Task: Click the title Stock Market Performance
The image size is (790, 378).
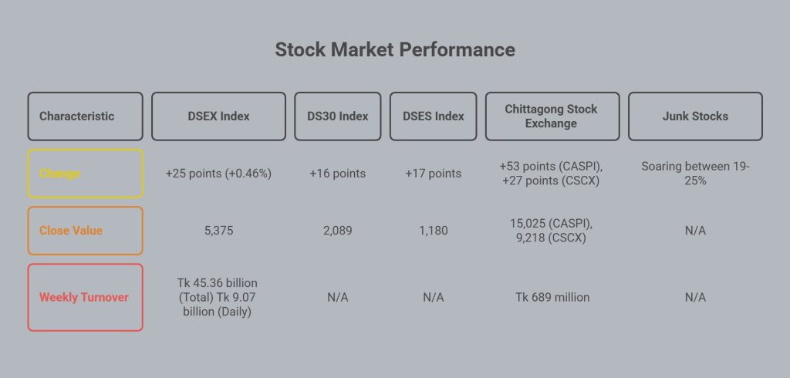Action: [x=395, y=49]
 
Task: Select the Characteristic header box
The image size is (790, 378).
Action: [x=85, y=116]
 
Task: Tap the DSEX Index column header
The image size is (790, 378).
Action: [x=218, y=116]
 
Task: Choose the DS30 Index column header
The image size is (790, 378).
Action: [x=338, y=116]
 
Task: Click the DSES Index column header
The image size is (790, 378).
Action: [x=434, y=116]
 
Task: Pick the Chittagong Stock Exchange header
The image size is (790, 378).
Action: [x=552, y=116]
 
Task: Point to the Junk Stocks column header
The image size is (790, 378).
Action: [x=695, y=116]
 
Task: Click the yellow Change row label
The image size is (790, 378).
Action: [x=85, y=174]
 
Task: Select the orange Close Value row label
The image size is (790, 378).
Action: [x=85, y=231]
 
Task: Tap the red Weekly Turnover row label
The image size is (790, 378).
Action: [x=85, y=297]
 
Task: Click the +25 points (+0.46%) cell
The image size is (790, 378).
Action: [x=218, y=174]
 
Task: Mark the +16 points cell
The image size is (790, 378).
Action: [x=338, y=174]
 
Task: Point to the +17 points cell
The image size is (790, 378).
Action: [x=434, y=174]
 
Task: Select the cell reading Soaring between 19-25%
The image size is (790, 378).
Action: [x=695, y=174]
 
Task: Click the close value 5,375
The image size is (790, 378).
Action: [x=218, y=231]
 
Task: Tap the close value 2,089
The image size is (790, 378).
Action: [x=338, y=231]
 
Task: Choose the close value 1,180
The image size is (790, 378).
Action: [x=434, y=231]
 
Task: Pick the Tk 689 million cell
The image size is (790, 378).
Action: [x=552, y=297]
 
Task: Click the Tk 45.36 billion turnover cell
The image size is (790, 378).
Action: [x=217, y=297]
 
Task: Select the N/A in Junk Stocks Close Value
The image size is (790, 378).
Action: [x=695, y=231]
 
